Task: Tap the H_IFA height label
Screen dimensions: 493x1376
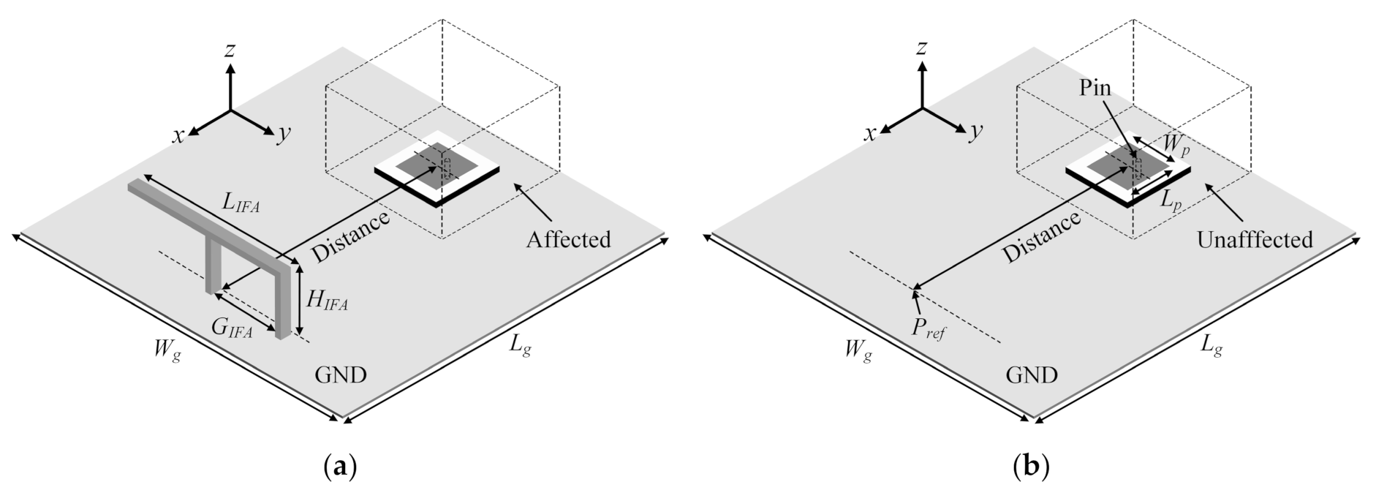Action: point(326,300)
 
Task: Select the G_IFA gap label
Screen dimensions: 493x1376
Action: point(233,331)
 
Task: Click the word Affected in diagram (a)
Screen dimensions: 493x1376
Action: point(568,239)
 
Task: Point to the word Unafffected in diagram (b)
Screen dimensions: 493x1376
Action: point(1255,239)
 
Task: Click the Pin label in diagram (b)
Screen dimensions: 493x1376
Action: point(1095,89)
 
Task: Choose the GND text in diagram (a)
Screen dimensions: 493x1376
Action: point(341,375)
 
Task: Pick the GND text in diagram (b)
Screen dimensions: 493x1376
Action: point(1032,375)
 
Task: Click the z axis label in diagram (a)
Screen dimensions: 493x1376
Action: point(230,50)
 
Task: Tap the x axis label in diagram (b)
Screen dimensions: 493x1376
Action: point(870,134)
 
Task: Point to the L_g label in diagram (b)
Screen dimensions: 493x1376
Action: point(1211,345)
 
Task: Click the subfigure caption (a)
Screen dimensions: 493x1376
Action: point(340,466)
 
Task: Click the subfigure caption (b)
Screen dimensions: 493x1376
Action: point(1031,466)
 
